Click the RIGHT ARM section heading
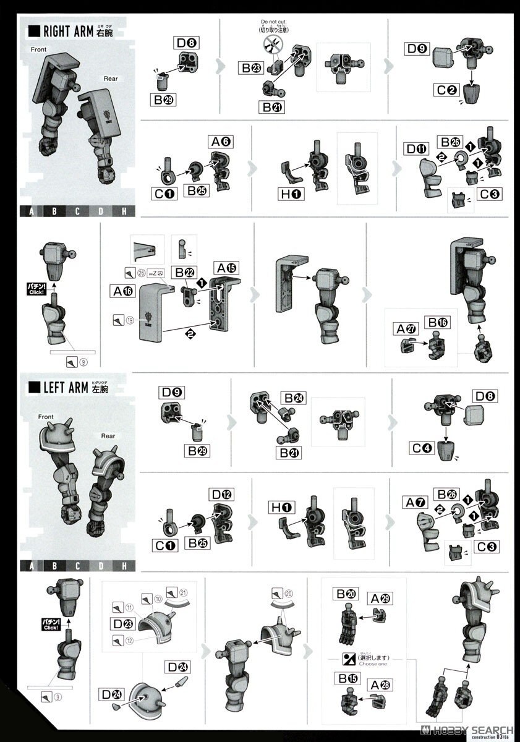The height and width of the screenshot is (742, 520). coord(74,31)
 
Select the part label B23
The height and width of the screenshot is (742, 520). coord(250,68)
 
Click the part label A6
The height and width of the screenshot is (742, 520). coord(221,142)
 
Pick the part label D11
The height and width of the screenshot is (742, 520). coord(417,149)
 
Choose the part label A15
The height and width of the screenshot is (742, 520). coord(226,268)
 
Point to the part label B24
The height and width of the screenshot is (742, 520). coord(292,398)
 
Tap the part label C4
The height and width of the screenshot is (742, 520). coord(424,448)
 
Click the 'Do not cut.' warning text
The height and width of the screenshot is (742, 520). coord(274,22)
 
